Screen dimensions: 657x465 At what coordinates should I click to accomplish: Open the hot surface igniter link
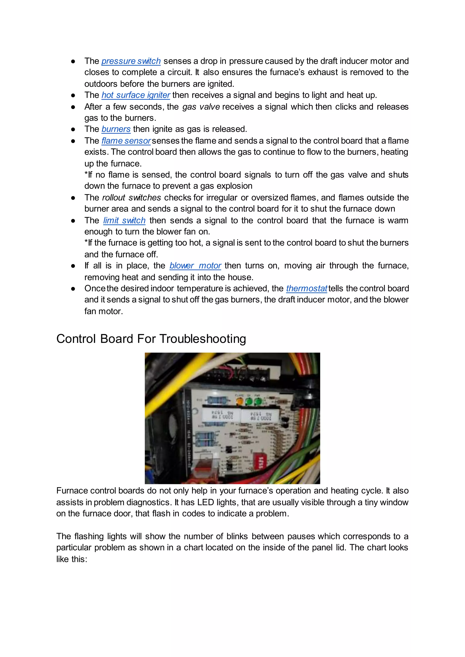136,95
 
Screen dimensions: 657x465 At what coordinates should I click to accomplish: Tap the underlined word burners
116,129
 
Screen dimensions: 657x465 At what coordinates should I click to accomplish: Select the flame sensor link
126,141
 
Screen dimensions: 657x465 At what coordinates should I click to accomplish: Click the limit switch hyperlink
124,220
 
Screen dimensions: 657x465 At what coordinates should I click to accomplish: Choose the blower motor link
195,266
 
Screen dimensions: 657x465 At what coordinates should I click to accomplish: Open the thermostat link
306,289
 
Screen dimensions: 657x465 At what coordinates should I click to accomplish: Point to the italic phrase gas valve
201,107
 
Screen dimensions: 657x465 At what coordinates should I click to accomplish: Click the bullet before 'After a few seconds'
73,107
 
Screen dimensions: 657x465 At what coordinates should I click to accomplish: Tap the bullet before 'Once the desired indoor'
73,289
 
